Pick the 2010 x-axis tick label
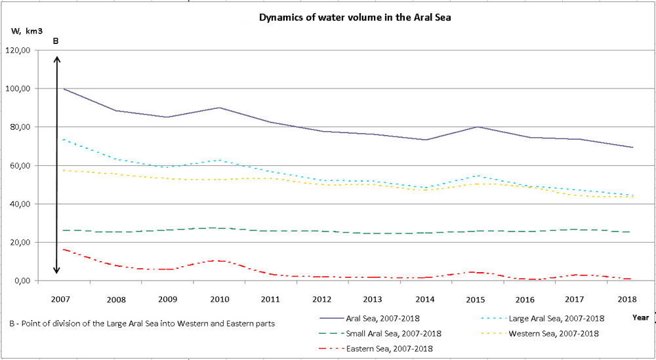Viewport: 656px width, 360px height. [220, 298]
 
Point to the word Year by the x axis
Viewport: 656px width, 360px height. [641, 317]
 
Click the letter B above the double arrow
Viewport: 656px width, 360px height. [56, 41]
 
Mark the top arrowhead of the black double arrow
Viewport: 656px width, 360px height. [57, 59]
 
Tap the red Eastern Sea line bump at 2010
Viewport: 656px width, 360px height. [220, 260]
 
